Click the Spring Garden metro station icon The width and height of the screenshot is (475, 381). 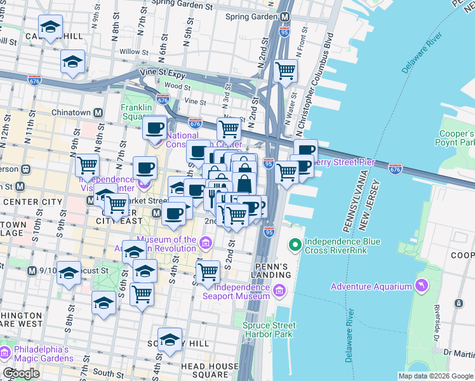pyautogui.click(x=285, y=16)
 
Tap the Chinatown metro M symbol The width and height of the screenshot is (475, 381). pyautogui.click(x=98, y=113)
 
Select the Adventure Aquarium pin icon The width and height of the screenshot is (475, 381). pyautogui.click(x=420, y=286)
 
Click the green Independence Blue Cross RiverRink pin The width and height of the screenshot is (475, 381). pyautogui.click(x=295, y=244)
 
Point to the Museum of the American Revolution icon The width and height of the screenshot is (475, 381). pyautogui.click(x=205, y=243)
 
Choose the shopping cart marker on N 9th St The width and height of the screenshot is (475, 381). pyautogui.click(x=87, y=165)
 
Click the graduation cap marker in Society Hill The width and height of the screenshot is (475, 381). pyautogui.click(x=170, y=340)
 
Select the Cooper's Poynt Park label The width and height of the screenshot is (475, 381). pyautogui.click(x=457, y=139)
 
